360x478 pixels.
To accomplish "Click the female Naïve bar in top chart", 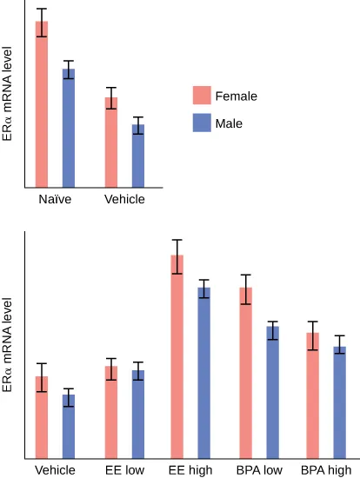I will coord(42,104).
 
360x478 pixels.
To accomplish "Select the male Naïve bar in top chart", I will coord(69,128).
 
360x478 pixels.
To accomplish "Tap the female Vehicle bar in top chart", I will coord(111,142).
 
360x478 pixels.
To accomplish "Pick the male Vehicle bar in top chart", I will coord(138,156).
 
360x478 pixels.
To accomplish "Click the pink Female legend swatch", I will coord(202,96).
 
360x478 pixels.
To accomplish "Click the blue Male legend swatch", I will coord(202,123).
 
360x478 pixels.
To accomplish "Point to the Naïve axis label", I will coord(55,199).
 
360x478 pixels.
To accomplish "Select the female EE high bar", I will coord(177,356).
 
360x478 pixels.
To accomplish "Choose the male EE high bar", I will coord(204,373).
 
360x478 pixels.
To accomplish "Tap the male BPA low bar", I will coord(273,392).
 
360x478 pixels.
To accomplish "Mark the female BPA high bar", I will coord(312,395).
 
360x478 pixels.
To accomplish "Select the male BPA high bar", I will coord(340,402).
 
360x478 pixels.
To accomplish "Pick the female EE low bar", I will coord(111,412).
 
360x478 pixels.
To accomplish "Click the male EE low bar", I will coord(138,414).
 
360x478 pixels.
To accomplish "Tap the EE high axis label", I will coord(190,470).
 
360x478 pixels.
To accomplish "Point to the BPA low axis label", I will coord(259,470).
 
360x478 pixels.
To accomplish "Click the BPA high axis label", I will coord(326,470).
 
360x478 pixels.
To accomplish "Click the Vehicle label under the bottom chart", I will coord(55,470).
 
